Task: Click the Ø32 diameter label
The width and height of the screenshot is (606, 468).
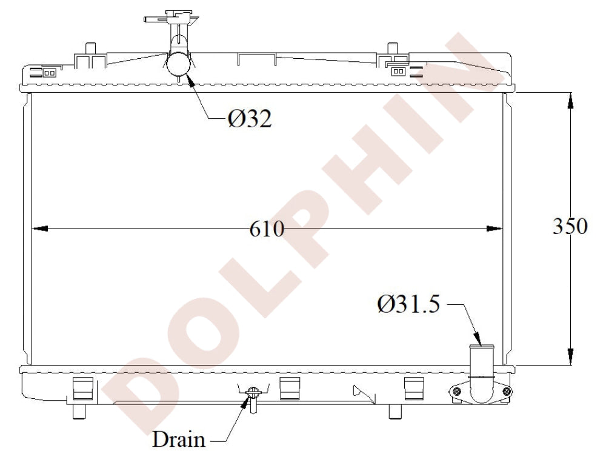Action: (250, 118)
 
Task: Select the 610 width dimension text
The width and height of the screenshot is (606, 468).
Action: (267, 229)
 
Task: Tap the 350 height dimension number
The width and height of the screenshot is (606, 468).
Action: (570, 226)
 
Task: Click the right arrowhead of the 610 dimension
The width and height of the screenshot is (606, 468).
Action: (495, 229)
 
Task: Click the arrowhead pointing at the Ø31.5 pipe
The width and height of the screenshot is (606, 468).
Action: (478, 339)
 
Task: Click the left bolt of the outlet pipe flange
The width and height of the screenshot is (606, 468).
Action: (457, 393)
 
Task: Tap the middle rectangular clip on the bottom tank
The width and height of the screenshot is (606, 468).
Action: (290, 389)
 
